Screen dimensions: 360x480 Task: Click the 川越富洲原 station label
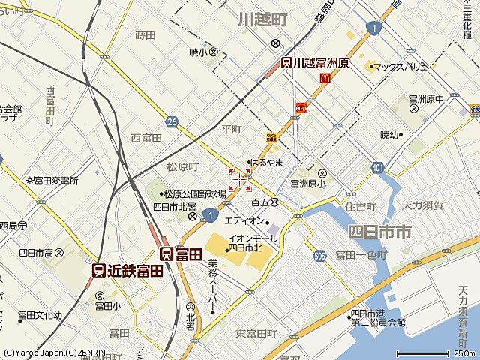pyautogui.click(x=315, y=64)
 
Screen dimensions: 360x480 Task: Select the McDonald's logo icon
pyautogui.click(x=325, y=77)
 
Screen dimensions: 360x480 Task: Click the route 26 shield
pyautogui.click(x=172, y=121)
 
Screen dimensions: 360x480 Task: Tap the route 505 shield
pyautogui.click(x=319, y=255)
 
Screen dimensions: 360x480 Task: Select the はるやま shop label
pyautogui.click(x=265, y=162)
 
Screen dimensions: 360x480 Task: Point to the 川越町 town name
pyautogui.click(x=263, y=19)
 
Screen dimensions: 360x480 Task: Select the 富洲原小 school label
pyautogui.click(x=308, y=182)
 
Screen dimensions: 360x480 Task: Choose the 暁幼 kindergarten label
pyautogui.click(x=391, y=135)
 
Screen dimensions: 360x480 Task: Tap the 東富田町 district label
pyautogui.click(x=256, y=333)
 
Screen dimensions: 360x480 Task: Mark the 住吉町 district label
pyautogui.click(x=361, y=205)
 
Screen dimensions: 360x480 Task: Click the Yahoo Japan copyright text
pyautogui.click(x=45, y=352)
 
